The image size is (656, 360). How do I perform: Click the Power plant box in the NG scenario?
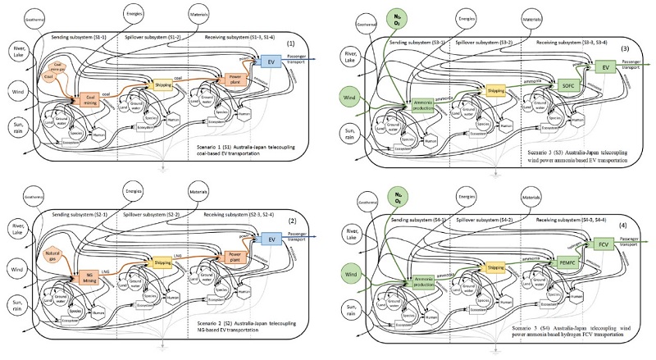(x=236, y=257)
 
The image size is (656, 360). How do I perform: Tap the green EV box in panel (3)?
(x=605, y=66)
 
